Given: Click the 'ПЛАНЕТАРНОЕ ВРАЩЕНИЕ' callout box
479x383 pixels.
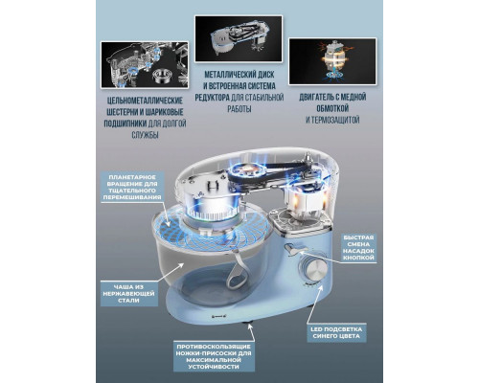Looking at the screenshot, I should [x=133, y=190].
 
